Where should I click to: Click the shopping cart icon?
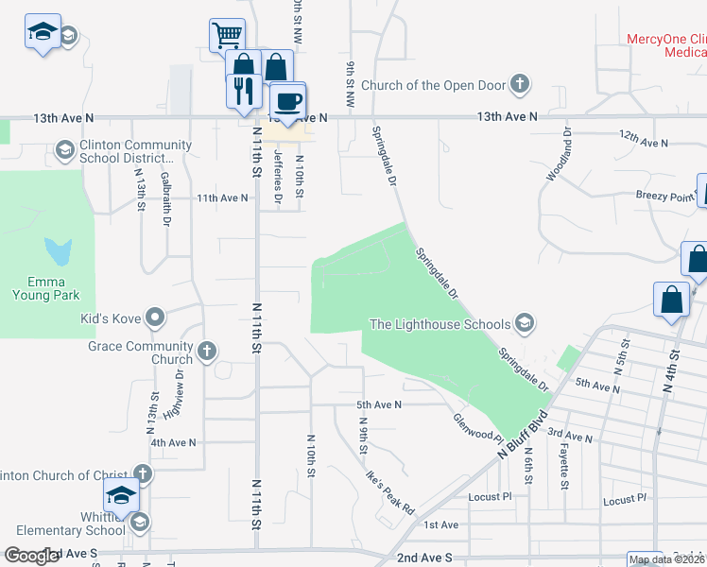(227, 36)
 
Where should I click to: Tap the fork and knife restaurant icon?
(243, 91)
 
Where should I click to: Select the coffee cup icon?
(287, 99)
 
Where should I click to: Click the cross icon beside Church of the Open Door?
(519, 85)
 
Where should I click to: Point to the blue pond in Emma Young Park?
(59, 251)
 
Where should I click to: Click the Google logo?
(31, 556)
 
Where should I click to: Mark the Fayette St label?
(563, 469)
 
